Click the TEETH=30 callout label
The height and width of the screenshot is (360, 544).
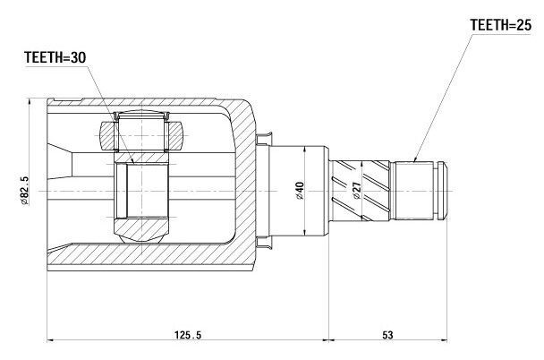[x=55, y=57]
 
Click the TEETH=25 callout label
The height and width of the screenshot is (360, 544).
[x=500, y=25]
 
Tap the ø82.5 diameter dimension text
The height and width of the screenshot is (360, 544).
[x=25, y=191]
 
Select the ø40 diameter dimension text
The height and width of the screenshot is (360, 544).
[x=300, y=191]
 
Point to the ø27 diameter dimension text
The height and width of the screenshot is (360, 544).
[x=357, y=191]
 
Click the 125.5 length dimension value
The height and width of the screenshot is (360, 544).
[x=188, y=335]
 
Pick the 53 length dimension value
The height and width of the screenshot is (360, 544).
[x=387, y=335]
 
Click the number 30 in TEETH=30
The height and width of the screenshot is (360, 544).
[x=79, y=57]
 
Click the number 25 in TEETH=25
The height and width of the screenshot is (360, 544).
[x=523, y=25]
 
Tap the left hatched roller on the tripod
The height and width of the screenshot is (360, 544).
[x=106, y=136]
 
